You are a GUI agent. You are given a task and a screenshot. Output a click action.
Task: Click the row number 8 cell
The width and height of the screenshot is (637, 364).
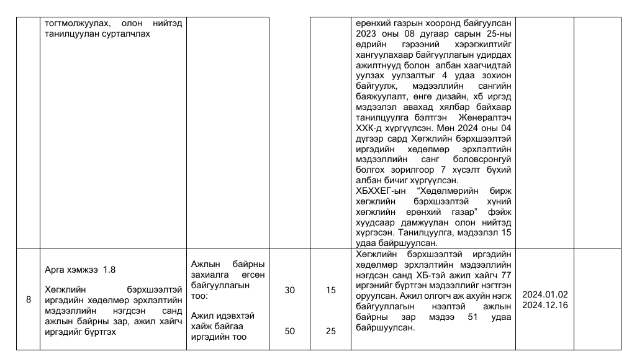(29, 300)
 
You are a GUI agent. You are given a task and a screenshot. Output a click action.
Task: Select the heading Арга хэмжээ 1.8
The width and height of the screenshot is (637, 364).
(81, 270)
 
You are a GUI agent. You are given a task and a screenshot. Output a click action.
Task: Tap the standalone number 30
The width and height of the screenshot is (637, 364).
(289, 290)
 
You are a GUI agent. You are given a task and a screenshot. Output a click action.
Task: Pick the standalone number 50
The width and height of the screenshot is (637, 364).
(289, 331)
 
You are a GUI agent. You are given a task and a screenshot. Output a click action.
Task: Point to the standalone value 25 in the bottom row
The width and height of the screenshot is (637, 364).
(331, 331)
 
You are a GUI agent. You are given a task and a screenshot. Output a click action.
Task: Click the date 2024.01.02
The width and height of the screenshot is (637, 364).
(545, 294)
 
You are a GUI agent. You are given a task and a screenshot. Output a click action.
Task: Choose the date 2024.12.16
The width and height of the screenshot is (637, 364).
(545, 305)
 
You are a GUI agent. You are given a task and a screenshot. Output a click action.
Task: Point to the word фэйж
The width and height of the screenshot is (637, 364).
(499, 211)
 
